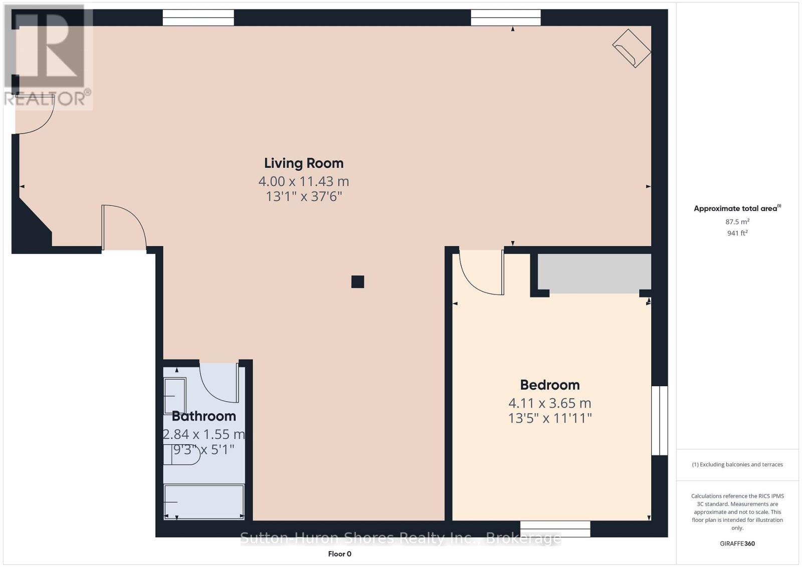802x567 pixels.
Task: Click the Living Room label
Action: pyautogui.click(x=304, y=163)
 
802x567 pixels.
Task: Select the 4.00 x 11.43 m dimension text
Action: pyautogui.click(x=304, y=181)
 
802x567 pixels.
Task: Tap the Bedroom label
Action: pyautogui.click(x=550, y=385)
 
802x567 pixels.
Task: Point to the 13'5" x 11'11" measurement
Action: pyautogui.click(x=550, y=418)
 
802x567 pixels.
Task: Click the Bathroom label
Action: pyautogui.click(x=204, y=416)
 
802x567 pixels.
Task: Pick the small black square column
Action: pyautogui.click(x=357, y=282)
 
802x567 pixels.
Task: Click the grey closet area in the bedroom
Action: pyautogui.click(x=594, y=272)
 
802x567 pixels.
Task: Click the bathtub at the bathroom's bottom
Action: pyautogui.click(x=204, y=501)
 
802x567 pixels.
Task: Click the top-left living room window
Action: pyautogui.click(x=198, y=19)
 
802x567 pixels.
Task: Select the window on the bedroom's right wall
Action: pyautogui.click(x=659, y=420)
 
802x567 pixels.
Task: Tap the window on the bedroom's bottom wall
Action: pyautogui.click(x=555, y=528)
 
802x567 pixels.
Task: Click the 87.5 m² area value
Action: pyautogui.click(x=737, y=221)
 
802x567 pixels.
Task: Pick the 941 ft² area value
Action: pyautogui.click(x=737, y=233)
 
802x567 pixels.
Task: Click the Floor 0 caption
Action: pyautogui.click(x=339, y=553)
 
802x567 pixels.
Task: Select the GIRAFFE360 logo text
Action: pyautogui.click(x=737, y=543)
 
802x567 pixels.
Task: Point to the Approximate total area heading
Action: pyautogui.click(x=736, y=208)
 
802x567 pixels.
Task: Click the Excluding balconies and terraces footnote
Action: pyautogui.click(x=737, y=464)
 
